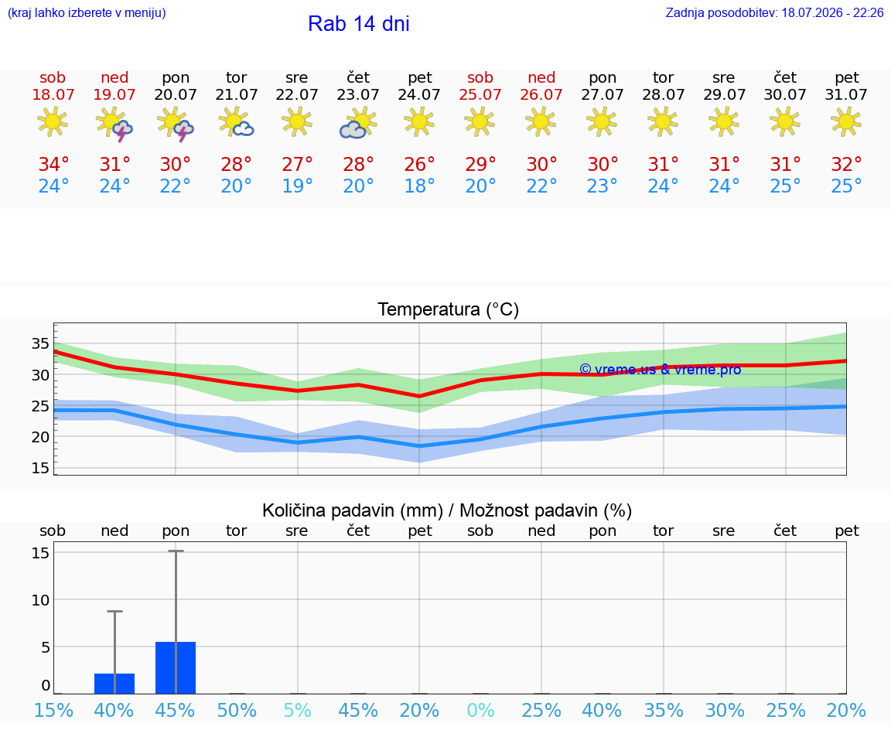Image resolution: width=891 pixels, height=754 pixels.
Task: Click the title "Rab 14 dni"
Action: click(359, 24)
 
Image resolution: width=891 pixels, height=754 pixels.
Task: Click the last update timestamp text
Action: click(774, 13)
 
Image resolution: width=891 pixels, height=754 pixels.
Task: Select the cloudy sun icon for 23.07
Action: click(358, 123)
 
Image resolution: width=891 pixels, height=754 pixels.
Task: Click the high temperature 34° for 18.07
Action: click(53, 164)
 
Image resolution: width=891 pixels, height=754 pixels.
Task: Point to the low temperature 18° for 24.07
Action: click(419, 186)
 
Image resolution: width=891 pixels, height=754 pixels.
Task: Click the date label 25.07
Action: click(480, 95)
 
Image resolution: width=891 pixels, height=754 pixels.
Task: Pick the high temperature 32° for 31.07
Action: click(847, 164)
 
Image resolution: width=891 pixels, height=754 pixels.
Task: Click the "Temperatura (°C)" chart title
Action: click(449, 309)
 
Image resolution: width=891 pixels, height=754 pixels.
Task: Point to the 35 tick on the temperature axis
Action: click(40, 343)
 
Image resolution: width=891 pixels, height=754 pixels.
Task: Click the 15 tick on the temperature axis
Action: click(40, 468)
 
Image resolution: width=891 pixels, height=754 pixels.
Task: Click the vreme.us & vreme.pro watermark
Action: click(661, 370)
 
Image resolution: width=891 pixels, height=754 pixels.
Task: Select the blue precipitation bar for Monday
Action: click(176, 667)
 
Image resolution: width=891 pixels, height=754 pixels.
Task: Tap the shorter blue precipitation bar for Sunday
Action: click(114, 684)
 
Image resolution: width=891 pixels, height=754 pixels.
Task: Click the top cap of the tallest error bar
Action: click(176, 551)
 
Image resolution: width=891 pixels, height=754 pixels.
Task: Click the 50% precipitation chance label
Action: click(237, 710)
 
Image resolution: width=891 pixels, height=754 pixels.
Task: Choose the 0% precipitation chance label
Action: click(480, 710)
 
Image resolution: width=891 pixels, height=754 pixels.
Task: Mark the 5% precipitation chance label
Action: click(297, 710)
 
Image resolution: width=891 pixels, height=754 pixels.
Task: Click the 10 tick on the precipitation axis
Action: click(40, 600)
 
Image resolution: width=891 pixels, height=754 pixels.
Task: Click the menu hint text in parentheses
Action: click(87, 13)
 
